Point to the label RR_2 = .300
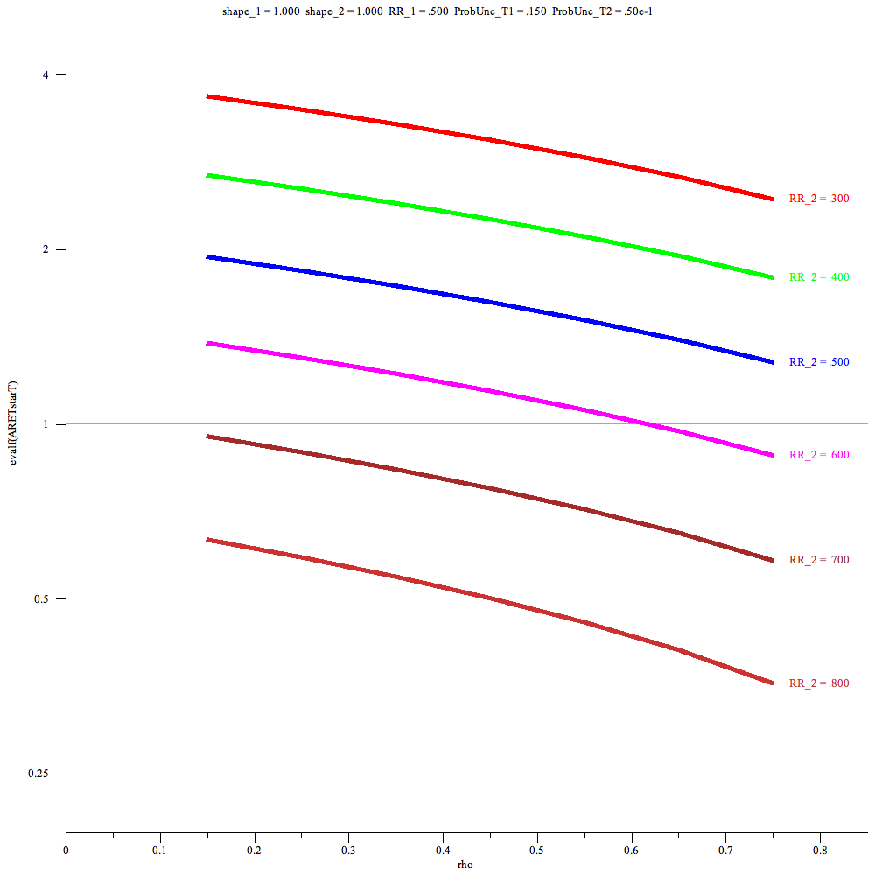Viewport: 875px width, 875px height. [819, 199]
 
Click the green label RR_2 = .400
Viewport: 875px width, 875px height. [819, 277]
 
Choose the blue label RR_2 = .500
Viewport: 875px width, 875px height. [819, 361]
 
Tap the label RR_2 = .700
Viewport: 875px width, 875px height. [819, 560]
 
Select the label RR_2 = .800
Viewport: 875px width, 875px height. [819, 683]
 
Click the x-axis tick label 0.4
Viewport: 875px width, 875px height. [443, 849]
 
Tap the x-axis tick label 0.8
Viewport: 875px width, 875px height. [820, 849]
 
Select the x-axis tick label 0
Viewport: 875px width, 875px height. [66, 849]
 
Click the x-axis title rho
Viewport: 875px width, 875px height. [466, 864]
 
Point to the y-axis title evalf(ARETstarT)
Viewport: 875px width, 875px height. [12, 424]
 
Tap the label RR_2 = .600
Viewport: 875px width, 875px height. [819, 455]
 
